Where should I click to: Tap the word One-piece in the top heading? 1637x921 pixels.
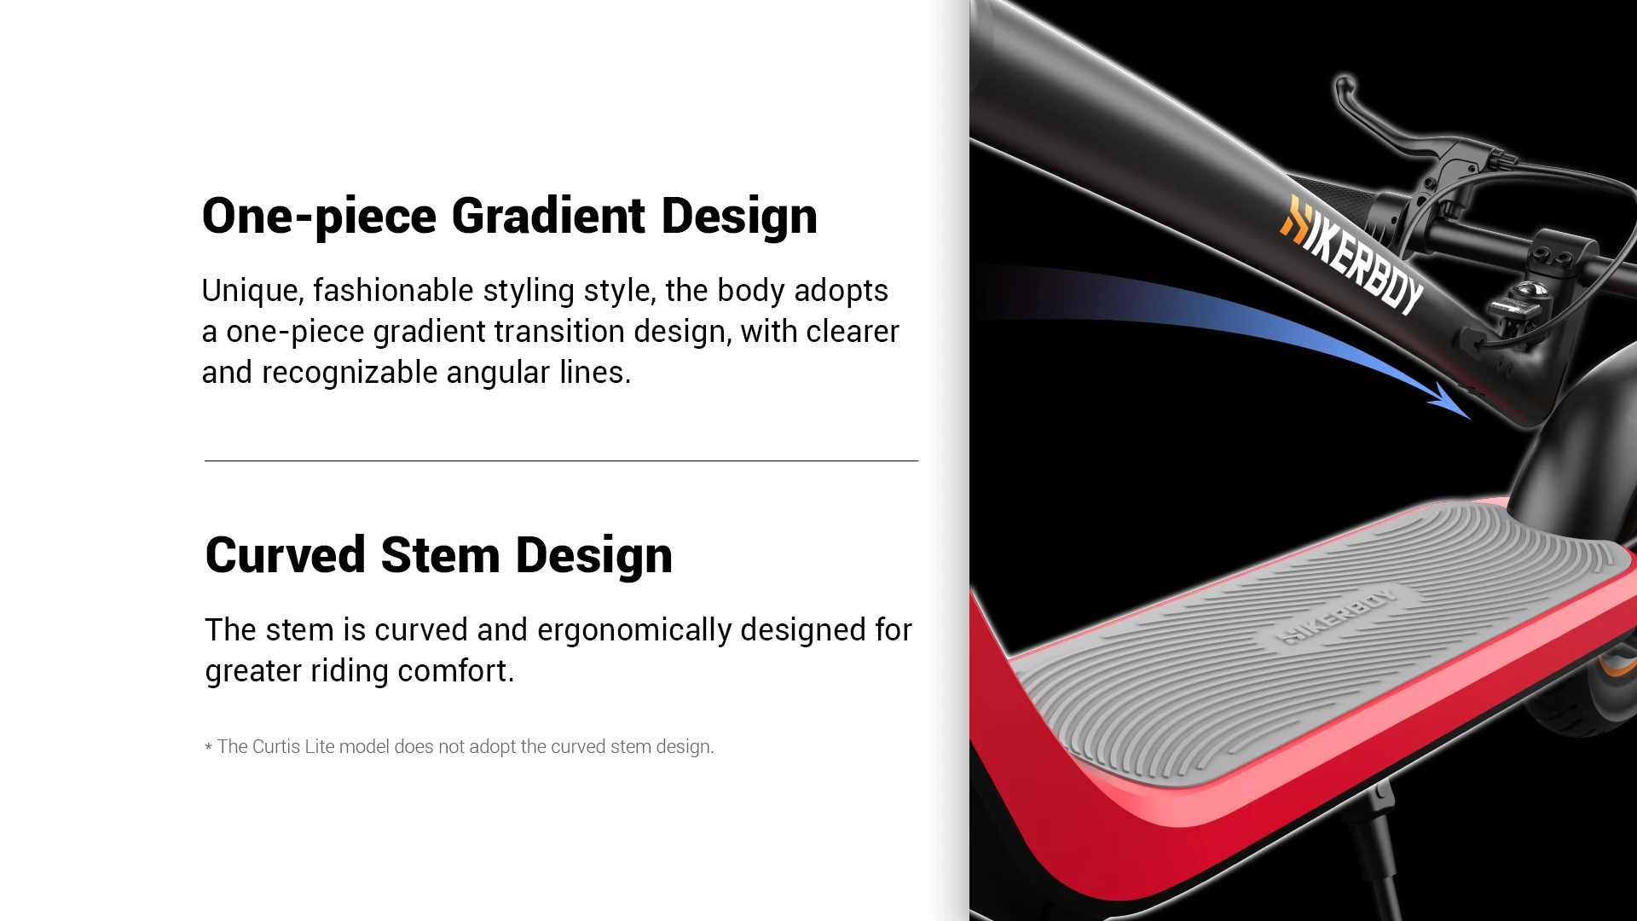pos(319,217)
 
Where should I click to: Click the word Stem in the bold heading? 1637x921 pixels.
pos(440,554)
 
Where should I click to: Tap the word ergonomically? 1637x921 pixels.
pos(634,630)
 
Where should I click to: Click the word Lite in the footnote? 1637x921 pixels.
pos(319,746)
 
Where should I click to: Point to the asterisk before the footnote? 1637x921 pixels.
pos(208,748)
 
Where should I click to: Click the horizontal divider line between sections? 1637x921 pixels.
pos(561,460)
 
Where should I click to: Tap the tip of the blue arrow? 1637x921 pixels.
pos(1471,419)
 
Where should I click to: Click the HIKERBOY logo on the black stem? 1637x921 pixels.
pos(1351,255)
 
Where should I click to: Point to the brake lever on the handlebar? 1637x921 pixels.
pos(1398,128)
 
